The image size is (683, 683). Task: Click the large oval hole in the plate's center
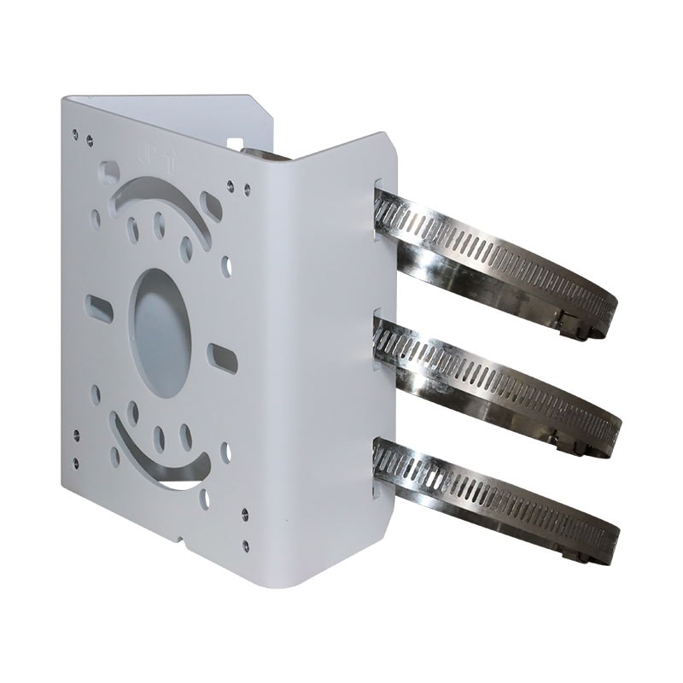tap(161, 334)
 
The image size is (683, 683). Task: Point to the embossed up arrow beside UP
tap(172, 158)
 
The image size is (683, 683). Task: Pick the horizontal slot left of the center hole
tap(100, 306)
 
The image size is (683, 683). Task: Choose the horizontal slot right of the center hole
tap(223, 358)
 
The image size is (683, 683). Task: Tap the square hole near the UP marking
tap(110, 172)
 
